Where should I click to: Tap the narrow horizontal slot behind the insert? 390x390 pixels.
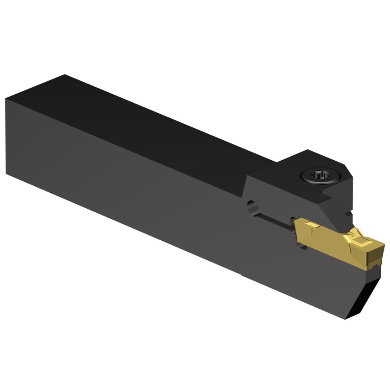click(x=274, y=221)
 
